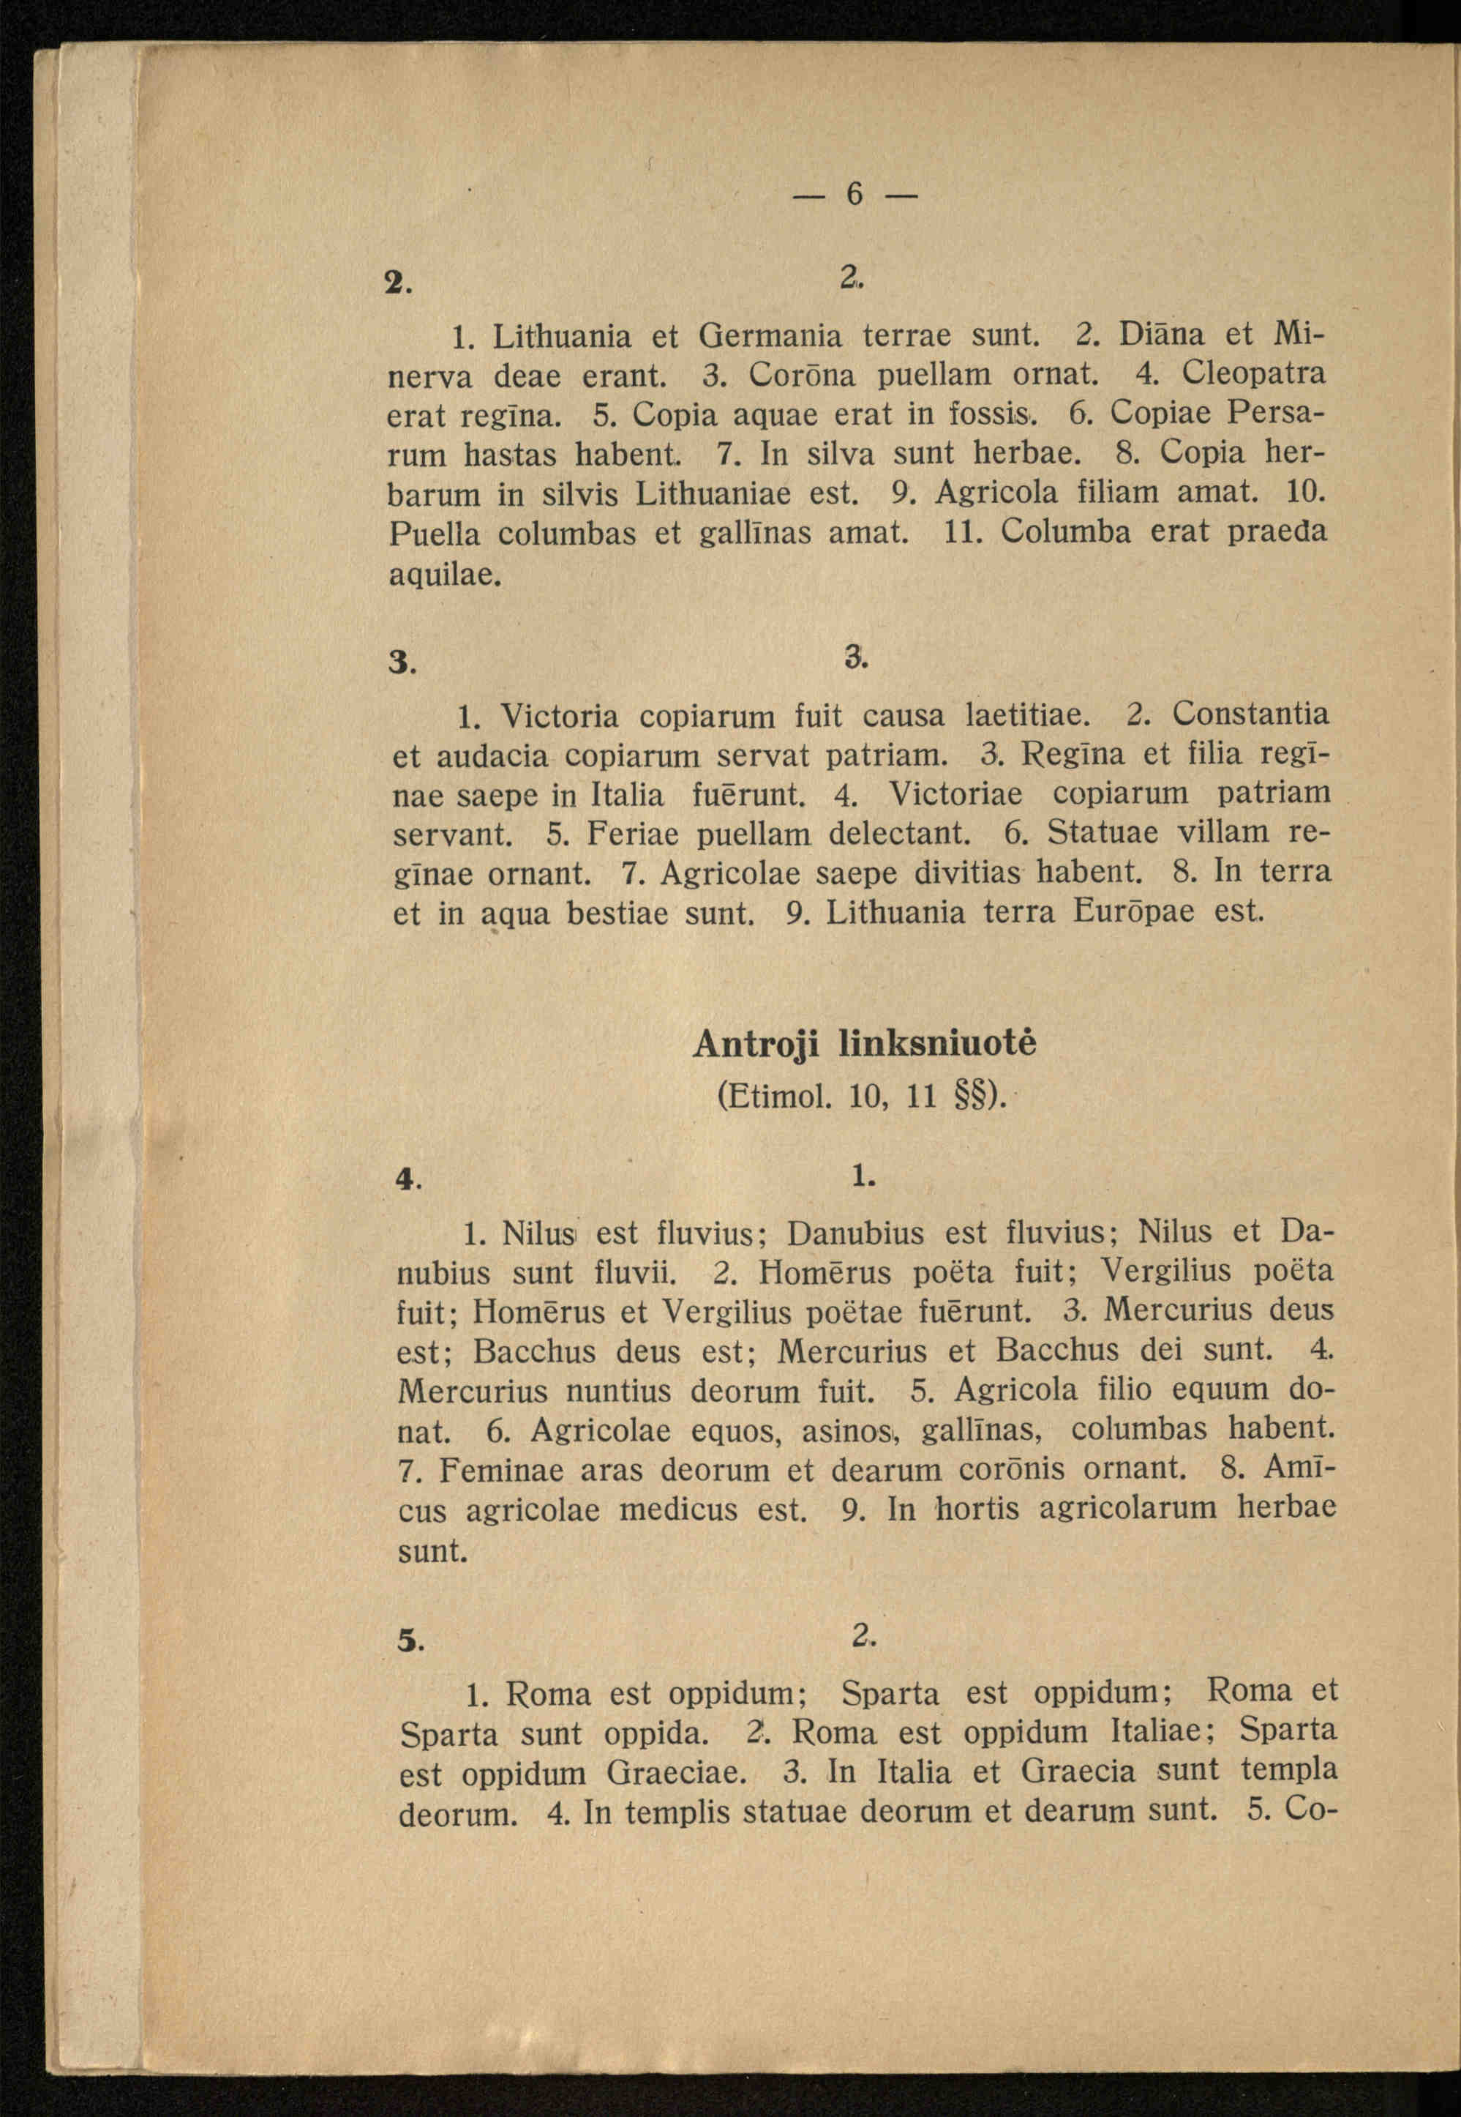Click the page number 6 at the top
pos(854,193)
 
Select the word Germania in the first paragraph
pos(770,337)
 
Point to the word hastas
pos(510,454)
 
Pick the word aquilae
pos(445,574)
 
